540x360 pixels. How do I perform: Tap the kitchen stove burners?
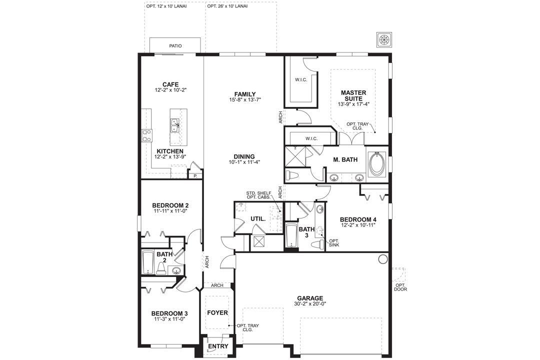[x=147, y=135]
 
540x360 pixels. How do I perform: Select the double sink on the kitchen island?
[x=175, y=125]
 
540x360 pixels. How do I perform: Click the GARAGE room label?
[x=310, y=298]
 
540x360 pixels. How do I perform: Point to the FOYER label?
[x=217, y=313]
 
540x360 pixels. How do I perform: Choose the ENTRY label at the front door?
[x=218, y=346]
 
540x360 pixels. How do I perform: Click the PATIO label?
[x=175, y=46]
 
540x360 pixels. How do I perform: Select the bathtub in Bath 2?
[x=148, y=262]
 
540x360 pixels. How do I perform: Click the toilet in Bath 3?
[x=317, y=244]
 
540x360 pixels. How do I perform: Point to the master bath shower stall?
[x=297, y=157]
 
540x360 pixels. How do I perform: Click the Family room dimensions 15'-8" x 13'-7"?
[x=245, y=100]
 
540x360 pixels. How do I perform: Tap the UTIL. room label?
[x=258, y=219]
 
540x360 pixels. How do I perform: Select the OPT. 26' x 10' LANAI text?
[x=228, y=6]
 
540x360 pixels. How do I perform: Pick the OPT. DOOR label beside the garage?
[x=400, y=287]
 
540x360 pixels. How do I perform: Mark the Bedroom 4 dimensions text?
[x=358, y=225]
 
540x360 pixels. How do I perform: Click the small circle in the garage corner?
[x=382, y=259]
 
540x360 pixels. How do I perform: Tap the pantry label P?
[x=195, y=175]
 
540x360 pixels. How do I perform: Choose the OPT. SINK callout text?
[x=334, y=243]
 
